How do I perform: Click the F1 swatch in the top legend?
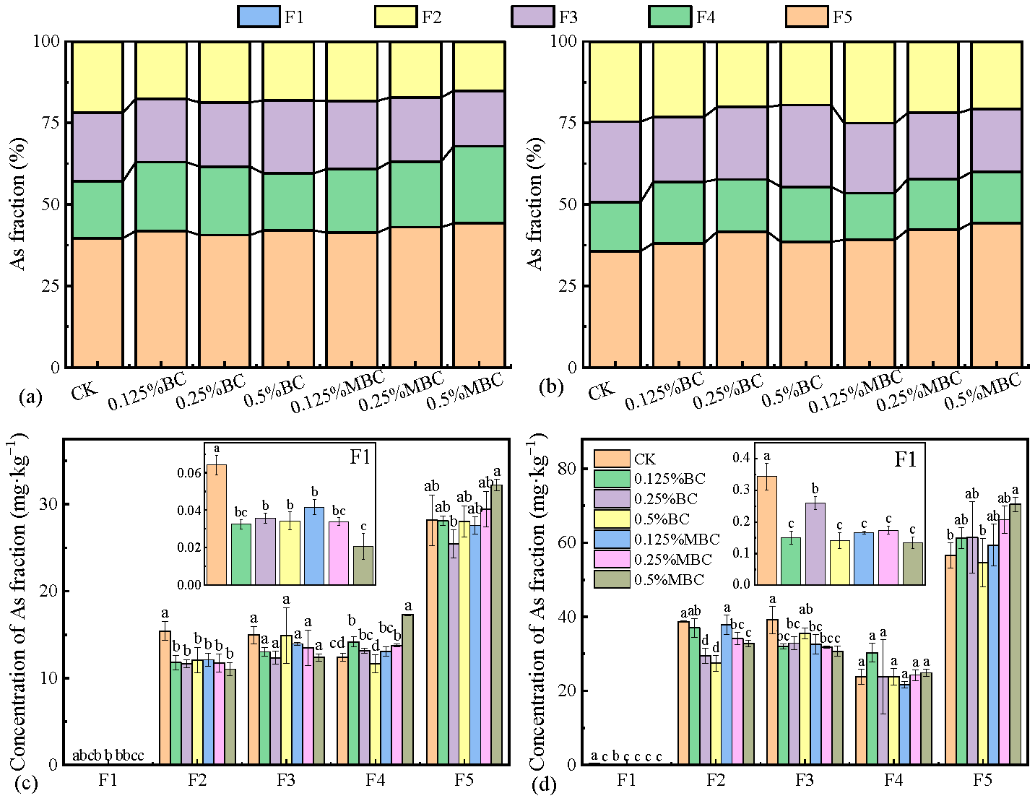258,17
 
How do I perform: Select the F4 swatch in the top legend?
670,17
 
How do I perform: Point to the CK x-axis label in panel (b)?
601,391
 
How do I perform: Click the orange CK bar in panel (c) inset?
216,524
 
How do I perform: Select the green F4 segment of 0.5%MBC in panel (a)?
479,185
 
